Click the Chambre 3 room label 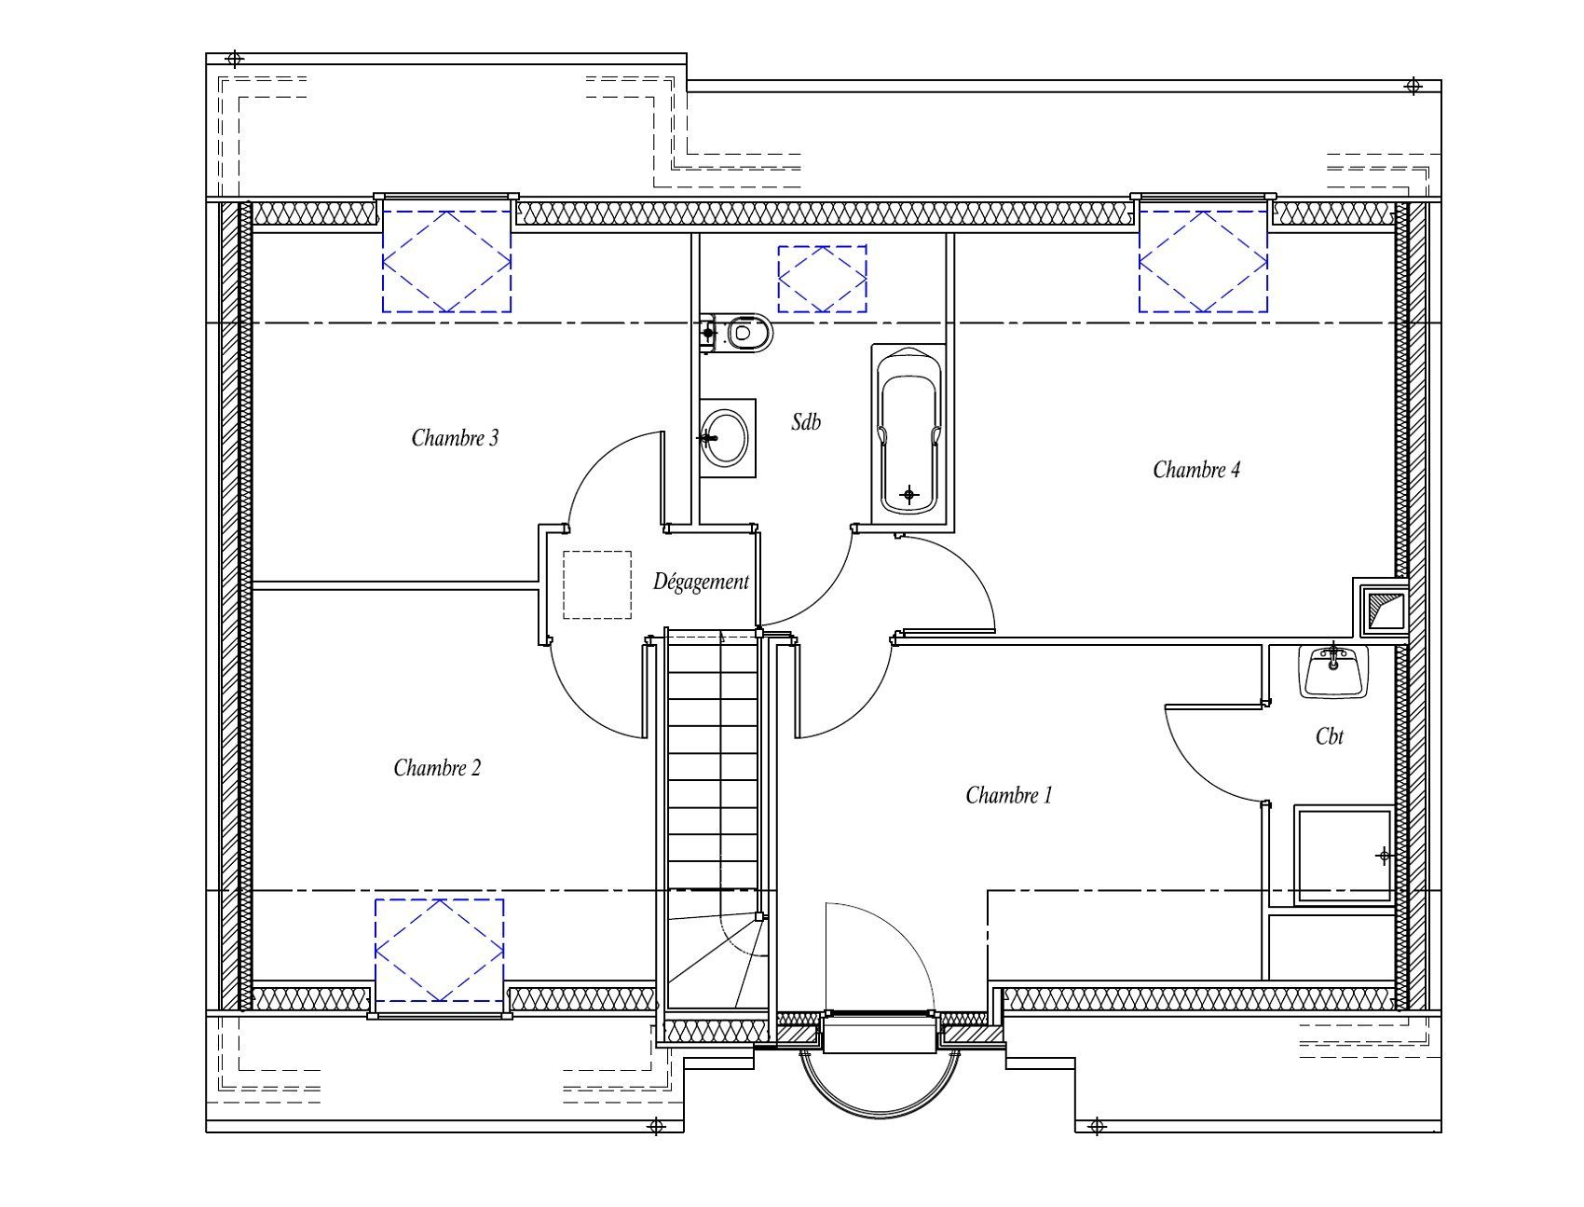pyautogui.click(x=455, y=437)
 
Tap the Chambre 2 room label pyautogui.click(x=437, y=768)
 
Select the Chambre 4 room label pyautogui.click(x=1196, y=469)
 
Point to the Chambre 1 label pyautogui.click(x=1009, y=795)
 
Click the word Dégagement pyautogui.click(x=701, y=583)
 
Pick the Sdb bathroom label pyautogui.click(x=806, y=421)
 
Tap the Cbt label pyautogui.click(x=1330, y=736)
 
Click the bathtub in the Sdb pyautogui.click(x=908, y=430)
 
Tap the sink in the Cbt pyautogui.click(x=1334, y=670)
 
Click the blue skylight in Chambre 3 pyautogui.click(x=446, y=261)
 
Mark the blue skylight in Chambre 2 pyautogui.click(x=440, y=951)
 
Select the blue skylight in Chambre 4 pyautogui.click(x=1203, y=261)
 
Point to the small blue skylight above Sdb pyautogui.click(x=823, y=279)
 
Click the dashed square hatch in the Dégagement pyautogui.click(x=597, y=584)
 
